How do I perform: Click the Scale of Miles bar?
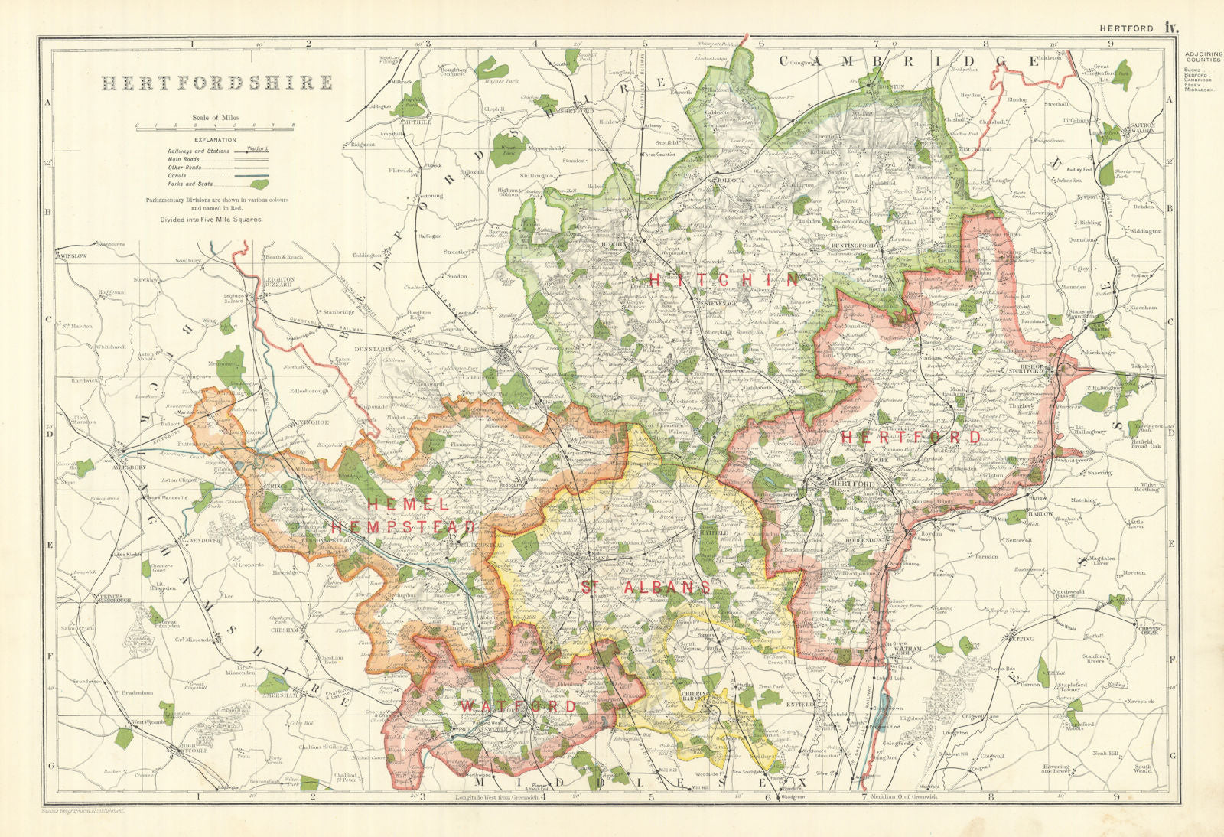(x=215, y=127)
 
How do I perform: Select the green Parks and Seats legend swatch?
(x=259, y=184)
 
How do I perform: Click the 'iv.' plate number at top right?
(x=1170, y=28)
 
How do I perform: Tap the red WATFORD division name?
(x=518, y=705)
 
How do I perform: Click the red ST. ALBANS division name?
(x=644, y=587)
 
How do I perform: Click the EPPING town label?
(x=1023, y=638)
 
